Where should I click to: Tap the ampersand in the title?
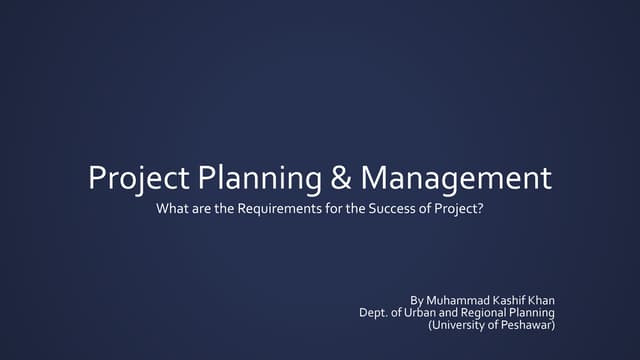[340, 179]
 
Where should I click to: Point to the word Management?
[456, 179]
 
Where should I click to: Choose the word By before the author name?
[418, 300]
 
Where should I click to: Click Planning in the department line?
[534, 312]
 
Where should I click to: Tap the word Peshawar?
[525, 324]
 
